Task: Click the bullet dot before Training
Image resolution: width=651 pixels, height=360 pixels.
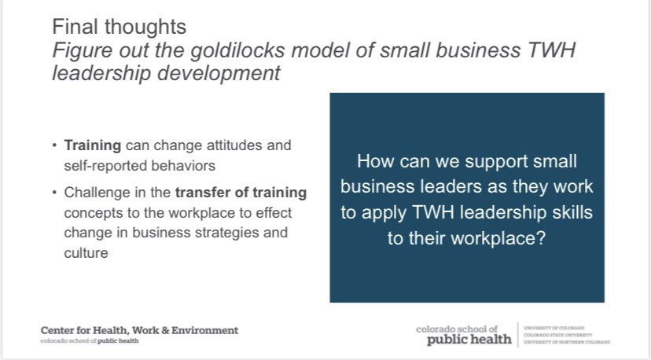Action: click(x=54, y=146)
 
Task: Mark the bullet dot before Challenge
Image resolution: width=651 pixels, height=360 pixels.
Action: click(x=54, y=192)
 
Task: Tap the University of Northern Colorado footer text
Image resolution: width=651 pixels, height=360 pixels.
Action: click(x=566, y=342)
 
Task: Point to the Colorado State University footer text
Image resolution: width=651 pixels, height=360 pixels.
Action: click(x=561, y=334)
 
